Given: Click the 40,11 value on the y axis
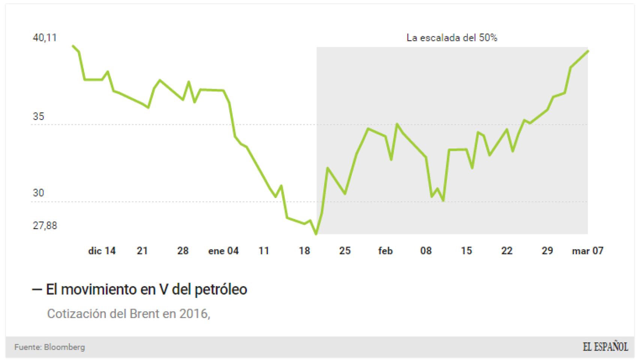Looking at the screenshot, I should [45, 37].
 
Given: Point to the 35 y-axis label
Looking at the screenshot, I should [38, 117].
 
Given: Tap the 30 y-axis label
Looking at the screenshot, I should [38, 193].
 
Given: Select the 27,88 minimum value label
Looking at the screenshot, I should [45, 225].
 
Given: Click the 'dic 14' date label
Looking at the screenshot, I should [102, 251].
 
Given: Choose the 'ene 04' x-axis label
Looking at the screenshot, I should [223, 251].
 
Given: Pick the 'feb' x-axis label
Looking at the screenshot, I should [385, 251].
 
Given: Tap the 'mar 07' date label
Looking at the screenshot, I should [587, 251].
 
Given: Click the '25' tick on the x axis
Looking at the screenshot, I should [345, 251].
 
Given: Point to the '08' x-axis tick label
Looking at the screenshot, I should [426, 251].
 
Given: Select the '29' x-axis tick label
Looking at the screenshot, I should [547, 251].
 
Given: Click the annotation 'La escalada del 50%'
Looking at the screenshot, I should [452, 37].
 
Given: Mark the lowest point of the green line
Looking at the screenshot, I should [316, 234].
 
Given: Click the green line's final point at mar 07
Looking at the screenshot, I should [588, 51].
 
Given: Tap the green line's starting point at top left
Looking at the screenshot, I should [73, 46].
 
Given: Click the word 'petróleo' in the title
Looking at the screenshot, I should [221, 289].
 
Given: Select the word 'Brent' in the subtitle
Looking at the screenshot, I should [144, 313].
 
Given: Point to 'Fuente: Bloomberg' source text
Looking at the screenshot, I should [50, 347].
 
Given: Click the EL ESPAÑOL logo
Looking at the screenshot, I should [605, 347].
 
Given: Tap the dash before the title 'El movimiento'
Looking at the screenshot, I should [37, 289].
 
